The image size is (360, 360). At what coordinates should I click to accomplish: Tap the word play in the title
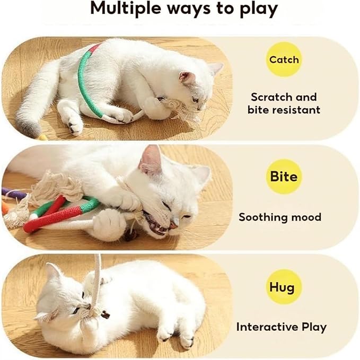(255, 9)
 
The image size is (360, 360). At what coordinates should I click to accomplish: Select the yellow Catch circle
(284, 59)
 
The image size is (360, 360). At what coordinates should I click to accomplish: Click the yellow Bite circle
(284, 176)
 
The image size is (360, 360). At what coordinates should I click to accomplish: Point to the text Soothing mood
(279, 217)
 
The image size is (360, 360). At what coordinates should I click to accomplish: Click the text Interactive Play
(281, 327)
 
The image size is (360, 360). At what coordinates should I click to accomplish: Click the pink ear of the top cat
(187, 78)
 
